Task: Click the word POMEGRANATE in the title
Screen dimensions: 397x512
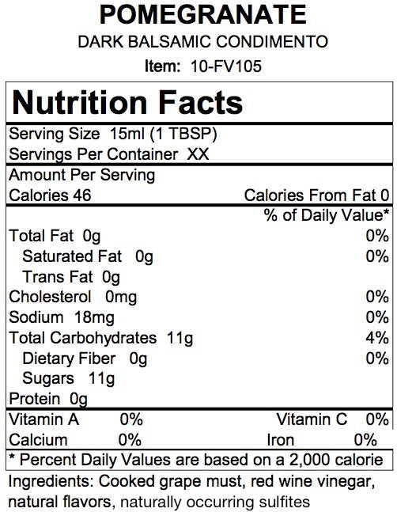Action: click(203, 14)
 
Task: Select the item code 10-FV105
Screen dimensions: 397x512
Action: click(226, 66)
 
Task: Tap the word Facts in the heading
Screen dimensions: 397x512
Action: click(200, 103)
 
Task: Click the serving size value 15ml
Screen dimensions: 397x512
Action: click(127, 134)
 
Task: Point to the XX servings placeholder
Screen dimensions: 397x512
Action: click(198, 154)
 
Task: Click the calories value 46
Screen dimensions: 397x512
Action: click(82, 195)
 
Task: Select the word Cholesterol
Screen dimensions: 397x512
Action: click(50, 297)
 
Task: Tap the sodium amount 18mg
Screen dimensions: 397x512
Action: click(94, 317)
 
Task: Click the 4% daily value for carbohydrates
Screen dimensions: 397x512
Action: click(377, 338)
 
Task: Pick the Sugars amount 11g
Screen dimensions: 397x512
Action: click(101, 379)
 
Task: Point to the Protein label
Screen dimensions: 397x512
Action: click(35, 399)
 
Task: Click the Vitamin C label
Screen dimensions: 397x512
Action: click(312, 419)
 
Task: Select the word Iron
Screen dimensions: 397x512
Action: click(281, 440)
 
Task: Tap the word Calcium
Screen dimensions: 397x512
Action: click(38, 440)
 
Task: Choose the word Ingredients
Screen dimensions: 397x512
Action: click(51, 481)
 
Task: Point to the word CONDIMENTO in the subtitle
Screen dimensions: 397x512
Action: click(272, 41)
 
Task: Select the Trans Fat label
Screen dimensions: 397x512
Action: click(58, 277)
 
